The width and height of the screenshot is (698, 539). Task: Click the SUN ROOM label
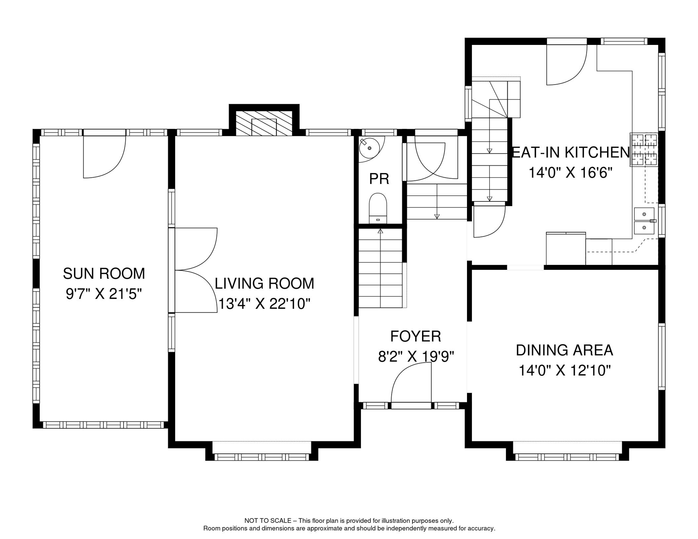pyautogui.click(x=104, y=274)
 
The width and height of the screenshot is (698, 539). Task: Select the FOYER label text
pyautogui.click(x=415, y=337)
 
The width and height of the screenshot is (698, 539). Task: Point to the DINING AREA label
pyautogui.click(x=564, y=350)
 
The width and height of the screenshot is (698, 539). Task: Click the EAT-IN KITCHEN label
pyautogui.click(x=571, y=153)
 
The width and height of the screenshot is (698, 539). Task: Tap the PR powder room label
pyautogui.click(x=379, y=179)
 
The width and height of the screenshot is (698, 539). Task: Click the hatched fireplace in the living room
pyautogui.click(x=264, y=124)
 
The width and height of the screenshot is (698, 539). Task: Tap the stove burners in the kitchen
pyautogui.click(x=644, y=150)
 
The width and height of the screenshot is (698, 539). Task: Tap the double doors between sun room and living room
pyautogui.click(x=196, y=270)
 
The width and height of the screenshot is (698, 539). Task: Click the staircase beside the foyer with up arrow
pyautogui.click(x=380, y=268)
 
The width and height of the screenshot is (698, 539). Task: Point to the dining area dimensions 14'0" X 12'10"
pyautogui.click(x=565, y=371)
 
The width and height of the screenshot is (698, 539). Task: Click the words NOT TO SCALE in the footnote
pyautogui.click(x=268, y=521)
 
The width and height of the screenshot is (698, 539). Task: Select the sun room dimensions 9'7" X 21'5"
pyautogui.click(x=104, y=294)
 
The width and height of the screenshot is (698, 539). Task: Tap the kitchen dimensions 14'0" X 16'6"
pyautogui.click(x=571, y=173)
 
